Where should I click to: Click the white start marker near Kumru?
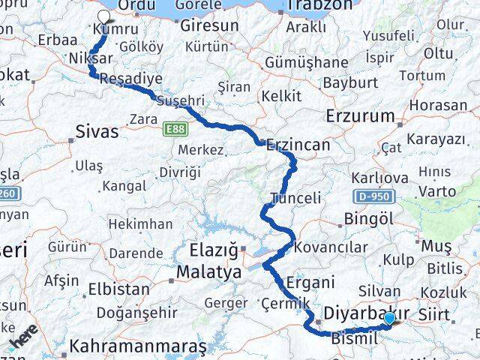point(103,14)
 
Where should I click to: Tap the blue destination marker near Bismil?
point(390,319)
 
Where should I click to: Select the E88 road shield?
point(175,130)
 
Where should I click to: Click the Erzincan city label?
point(298,145)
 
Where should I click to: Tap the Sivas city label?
point(97,132)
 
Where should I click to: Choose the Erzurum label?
point(360,116)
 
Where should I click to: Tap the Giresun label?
point(209,25)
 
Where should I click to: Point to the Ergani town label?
point(310,283)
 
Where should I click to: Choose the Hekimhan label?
point(139,223)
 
